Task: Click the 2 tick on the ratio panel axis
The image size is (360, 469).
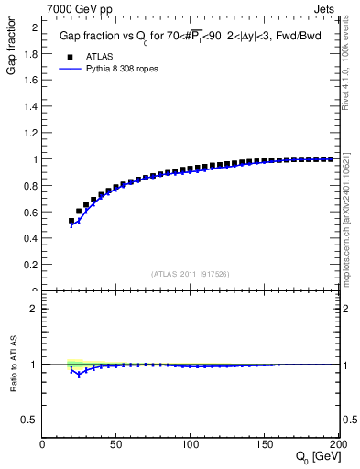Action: coord(35,309)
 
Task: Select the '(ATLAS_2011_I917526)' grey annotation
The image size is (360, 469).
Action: coord(191,274)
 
